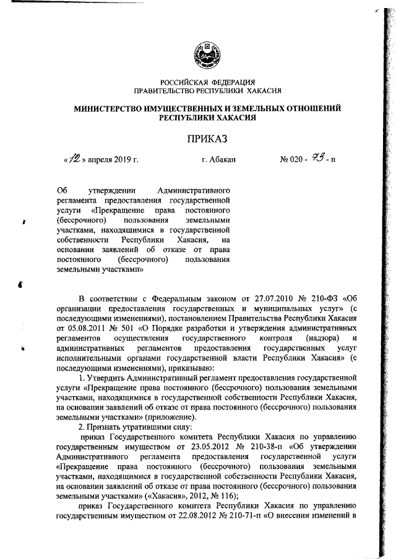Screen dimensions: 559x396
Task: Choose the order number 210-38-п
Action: [267, 447]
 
